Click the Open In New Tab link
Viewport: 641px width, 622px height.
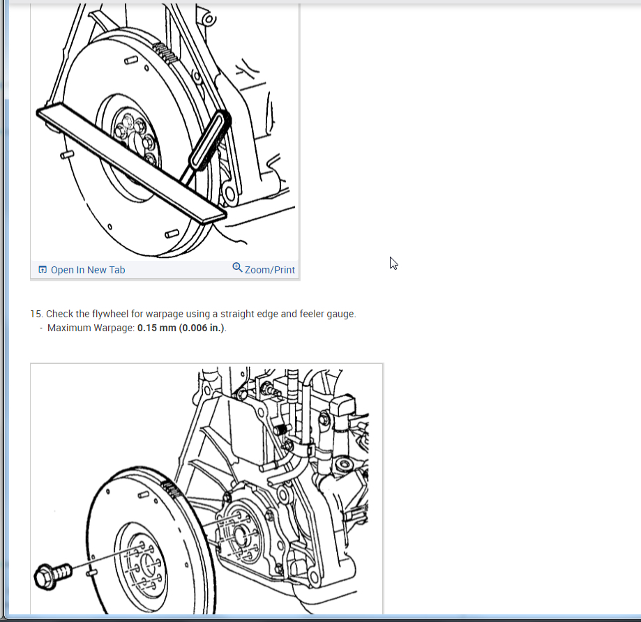pos(88,270)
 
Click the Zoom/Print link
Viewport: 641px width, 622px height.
pos(270,270)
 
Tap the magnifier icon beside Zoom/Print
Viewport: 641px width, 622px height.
pos(237,267)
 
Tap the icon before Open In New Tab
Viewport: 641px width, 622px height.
pos(43,269)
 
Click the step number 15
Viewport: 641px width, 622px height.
pos(36,314)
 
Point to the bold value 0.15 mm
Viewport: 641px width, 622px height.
pos(156,328)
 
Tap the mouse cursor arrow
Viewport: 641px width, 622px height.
pos(393,263)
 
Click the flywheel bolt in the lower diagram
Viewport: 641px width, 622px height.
pos(53,575)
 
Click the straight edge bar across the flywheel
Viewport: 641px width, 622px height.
pos(131,163)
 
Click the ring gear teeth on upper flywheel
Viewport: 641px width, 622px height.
pos(165,52)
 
